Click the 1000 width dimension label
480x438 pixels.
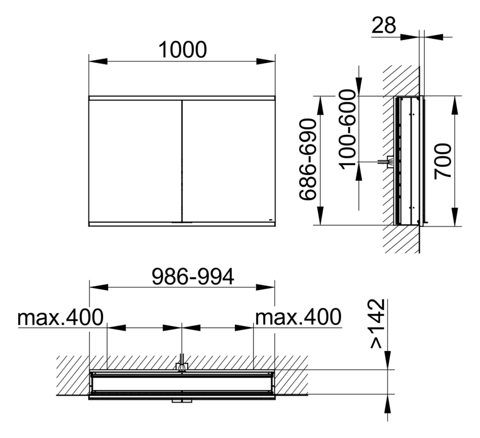click(x=183, y=50)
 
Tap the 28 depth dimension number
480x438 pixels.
click(x=384, y=26)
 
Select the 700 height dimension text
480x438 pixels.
click(x=443, y=161)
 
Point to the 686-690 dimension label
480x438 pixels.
click(x=309, y=159)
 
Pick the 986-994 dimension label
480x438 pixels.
click(x=193, y=276)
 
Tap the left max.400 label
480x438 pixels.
click(x=60, y=317)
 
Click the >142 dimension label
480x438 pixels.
click(x=377, y=324)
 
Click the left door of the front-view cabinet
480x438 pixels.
click(x=135, y=161)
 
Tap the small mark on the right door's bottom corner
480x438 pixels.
click(x=270, y=219)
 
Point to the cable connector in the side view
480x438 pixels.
click(x=388, y=162)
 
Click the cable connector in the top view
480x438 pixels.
click(x=182, y=366)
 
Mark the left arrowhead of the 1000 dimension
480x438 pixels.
click(x=98, y=62)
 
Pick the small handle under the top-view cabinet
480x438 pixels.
click(x=182, y=401)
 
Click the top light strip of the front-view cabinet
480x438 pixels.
click(x=182, y=98)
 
